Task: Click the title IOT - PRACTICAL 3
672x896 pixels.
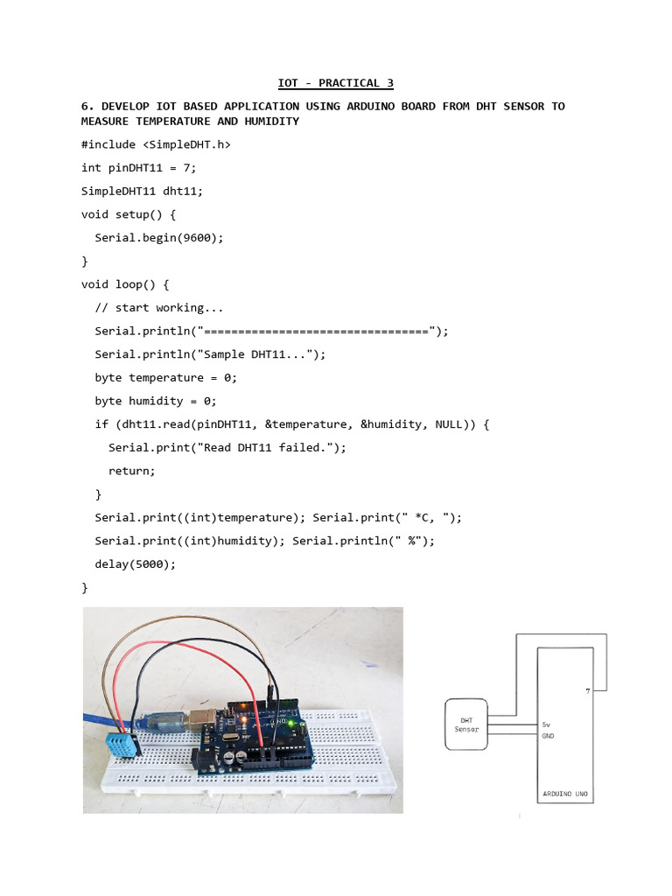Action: (x=335, y=83)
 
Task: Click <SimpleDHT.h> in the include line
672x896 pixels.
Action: (x=186, y=144)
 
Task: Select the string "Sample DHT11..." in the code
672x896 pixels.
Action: (x=257, y=354)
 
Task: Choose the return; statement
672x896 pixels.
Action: (x=132, y=471)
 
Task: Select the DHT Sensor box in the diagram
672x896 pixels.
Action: (x=466, y=724)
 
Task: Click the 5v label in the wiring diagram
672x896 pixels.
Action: (x=547, y=725)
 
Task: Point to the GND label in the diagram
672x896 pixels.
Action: (x=549, y=736)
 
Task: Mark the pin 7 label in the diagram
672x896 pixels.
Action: (x=588, y=691)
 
